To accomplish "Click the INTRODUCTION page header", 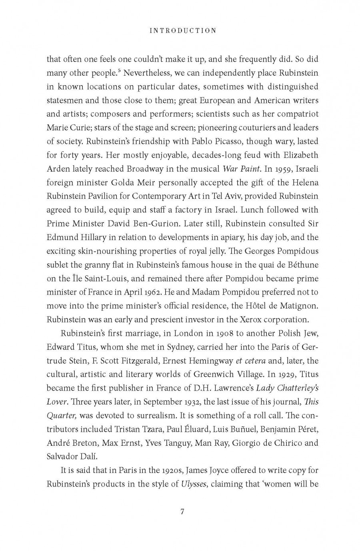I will click(x=182, y=30).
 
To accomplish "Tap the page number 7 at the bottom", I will click(x=182, y=511).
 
